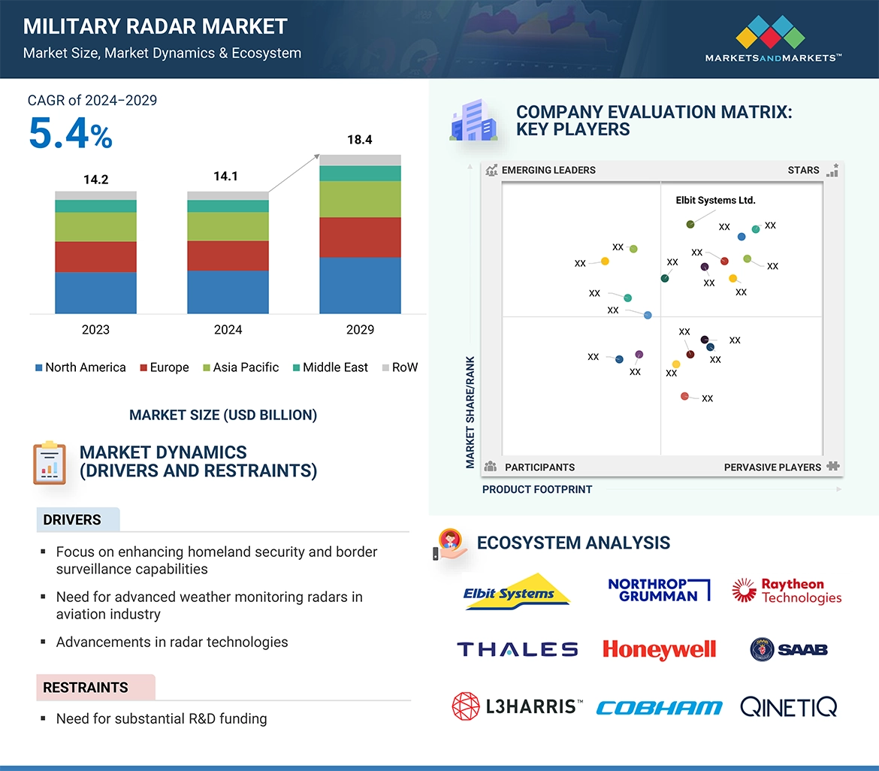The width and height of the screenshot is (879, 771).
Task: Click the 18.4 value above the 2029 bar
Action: click(359, 140)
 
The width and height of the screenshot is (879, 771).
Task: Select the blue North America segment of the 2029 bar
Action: click(360, 285)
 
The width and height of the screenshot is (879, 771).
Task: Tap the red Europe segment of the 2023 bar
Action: click(95, 256)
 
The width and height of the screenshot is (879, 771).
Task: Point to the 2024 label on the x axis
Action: click(228, 329)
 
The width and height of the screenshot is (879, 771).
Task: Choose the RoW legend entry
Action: click(400, 367)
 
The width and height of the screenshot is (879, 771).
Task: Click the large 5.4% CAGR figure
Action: click(71, 134)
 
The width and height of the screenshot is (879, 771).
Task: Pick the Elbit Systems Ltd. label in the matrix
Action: click(715, 201)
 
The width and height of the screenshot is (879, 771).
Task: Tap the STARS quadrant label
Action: click(803, 170)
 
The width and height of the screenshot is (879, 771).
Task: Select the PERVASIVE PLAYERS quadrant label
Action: click(772, 467)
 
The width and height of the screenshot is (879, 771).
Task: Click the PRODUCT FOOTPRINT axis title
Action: click(537, 489)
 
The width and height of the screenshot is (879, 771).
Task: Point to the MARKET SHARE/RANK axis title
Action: click(470, 412)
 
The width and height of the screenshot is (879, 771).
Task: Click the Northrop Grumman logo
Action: click(658, 590)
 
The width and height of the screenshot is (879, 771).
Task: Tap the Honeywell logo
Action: click(659, 649)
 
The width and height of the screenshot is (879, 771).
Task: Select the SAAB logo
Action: click(788, 649)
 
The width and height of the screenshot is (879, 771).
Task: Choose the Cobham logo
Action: click(659, 707)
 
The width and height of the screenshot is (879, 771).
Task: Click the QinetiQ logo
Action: click(788, 706)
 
